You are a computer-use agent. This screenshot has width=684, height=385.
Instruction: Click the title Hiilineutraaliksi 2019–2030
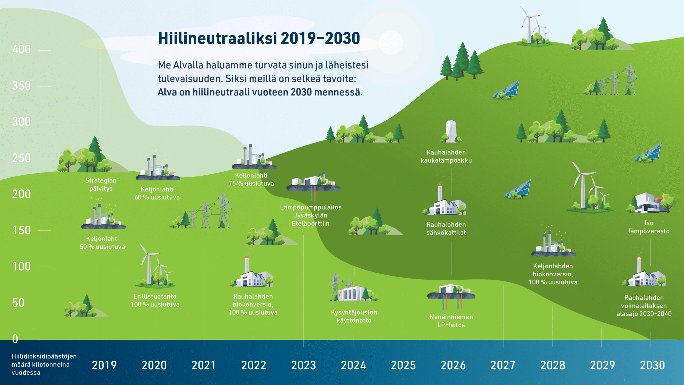(x=259, y=38)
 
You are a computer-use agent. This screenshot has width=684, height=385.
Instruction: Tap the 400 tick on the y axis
(x=21, y=49)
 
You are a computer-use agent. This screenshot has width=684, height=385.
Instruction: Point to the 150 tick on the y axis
(x=21, y=230)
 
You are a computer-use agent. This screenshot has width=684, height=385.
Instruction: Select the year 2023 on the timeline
(x=304, y=365)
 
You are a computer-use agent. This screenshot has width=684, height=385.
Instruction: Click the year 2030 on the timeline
(x=652, y=365)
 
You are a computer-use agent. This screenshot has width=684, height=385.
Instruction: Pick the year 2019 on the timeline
(x=104, y=365)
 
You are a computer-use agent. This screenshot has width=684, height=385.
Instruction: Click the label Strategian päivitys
(x=101, y=184)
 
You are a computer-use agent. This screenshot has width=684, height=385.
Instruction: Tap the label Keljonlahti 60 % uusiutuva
(x=157, y=193)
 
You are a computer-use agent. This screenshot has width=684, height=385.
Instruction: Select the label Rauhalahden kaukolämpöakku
(x=446, y=156)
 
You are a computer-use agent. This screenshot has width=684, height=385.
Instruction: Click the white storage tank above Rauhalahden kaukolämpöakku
(x=451, y=131)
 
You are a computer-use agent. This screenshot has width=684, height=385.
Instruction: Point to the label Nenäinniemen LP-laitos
(x=451, y=321)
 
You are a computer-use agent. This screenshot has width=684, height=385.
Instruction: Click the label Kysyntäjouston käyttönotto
(x=354, y=316)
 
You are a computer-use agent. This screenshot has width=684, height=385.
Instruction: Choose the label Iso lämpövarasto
(x=649, y=227)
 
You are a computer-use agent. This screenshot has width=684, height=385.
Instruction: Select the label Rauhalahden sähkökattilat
(x=446, y=229)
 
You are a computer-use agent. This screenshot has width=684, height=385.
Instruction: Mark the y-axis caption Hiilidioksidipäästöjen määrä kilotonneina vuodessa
(x=44, y=364)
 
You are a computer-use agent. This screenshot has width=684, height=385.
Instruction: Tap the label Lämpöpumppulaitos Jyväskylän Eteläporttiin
(x=311, y=215)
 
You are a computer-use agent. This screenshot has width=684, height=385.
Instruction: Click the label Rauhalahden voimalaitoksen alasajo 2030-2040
(x=644, y=306)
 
